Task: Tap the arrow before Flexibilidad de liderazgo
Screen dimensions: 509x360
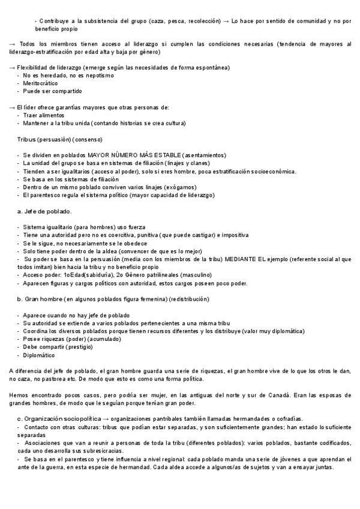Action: [x=13, y=68]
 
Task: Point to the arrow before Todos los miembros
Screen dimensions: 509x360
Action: [x=13, y=44]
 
